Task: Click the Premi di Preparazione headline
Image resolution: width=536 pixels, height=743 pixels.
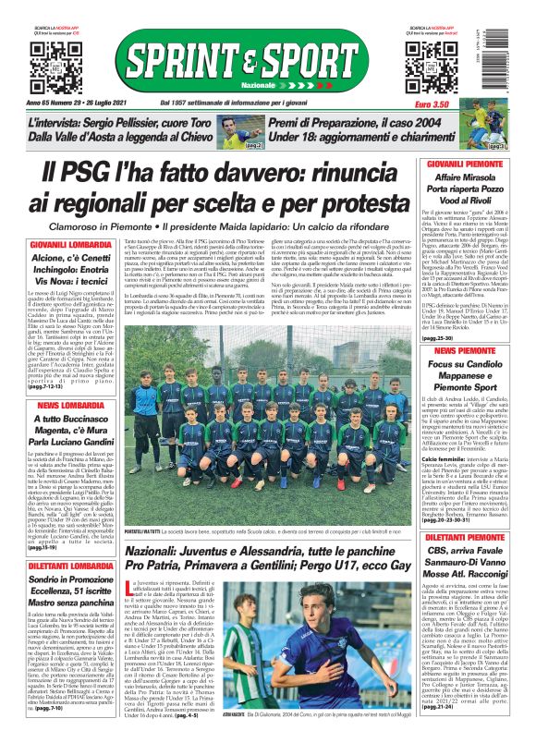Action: coord(370,129)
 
